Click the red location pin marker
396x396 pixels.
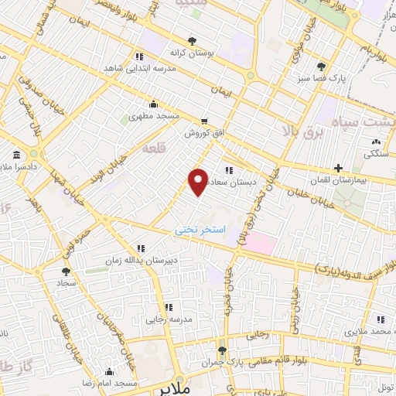(198, 181)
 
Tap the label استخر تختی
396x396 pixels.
(198, 230)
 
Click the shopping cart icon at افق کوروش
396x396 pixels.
(204, 121)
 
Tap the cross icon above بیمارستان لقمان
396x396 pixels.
(337, 168)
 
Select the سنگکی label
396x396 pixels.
(376, 153)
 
